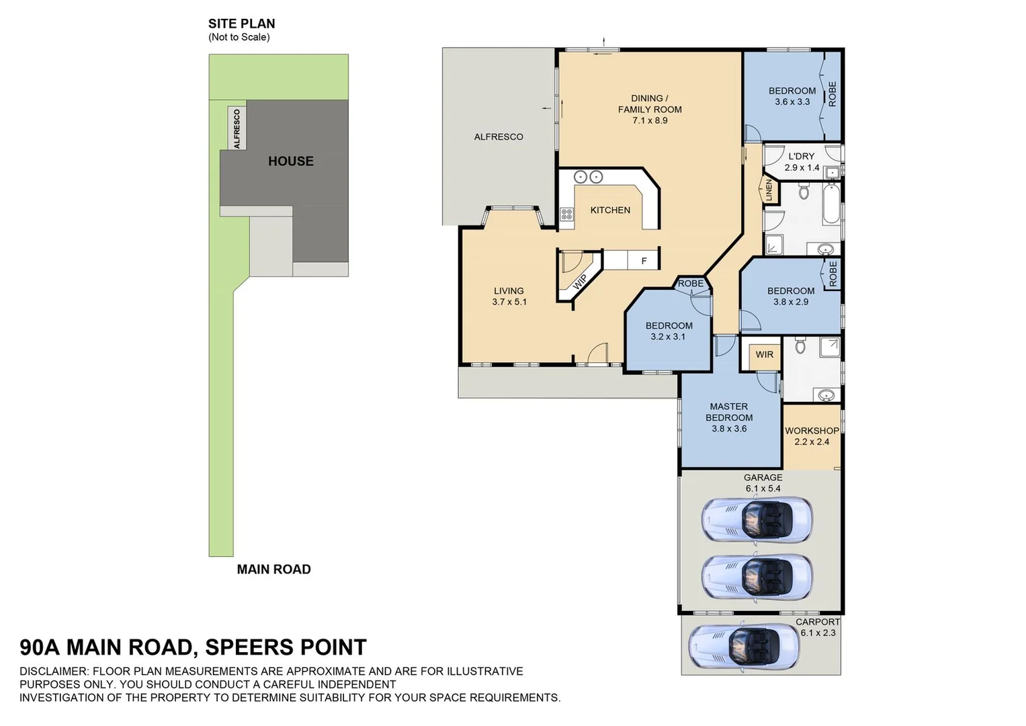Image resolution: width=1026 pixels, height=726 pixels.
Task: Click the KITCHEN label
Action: pyautogui.click(x=610, y=210)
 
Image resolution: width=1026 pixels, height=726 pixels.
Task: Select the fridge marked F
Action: pyautogui.click(x=644, y=261)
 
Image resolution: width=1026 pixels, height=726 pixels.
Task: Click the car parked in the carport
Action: pyautogui.click(x=744, y=647)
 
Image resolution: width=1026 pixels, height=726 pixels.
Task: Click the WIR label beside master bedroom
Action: pyautogui.click(x=764, y=355)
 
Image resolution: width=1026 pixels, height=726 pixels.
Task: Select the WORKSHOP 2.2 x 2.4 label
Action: pyautogui.click(x=812, y=436)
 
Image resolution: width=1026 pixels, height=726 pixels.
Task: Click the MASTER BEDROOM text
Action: pyautogui.click(x=729, y=412)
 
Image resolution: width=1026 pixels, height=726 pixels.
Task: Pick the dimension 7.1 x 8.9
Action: pyautogui.click(x=650, y=121)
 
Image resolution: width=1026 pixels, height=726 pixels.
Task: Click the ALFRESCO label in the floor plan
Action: pyautogui.click(x=499, y=137)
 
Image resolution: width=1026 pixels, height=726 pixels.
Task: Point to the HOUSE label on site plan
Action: pyautogui.click(x=291, y=161)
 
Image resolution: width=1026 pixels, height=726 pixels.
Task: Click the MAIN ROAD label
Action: pyautogui.click(x=273, y=569)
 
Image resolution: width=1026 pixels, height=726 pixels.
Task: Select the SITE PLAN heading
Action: pyautogui.click(x=241, y=24)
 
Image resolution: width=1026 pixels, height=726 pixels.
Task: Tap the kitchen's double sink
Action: pyautogui.click(x=588, y=177)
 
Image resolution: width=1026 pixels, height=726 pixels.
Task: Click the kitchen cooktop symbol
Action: pyautogui.click(x=567, y=214)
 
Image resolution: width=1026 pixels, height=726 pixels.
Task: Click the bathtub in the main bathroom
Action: pyautogui.click(x=831, y=204)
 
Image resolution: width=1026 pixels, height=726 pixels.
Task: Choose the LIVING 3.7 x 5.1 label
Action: pyautogui.click(x=509, y=296)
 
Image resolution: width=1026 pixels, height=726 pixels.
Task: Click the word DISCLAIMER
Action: pyautogui.click(x=54, y=672)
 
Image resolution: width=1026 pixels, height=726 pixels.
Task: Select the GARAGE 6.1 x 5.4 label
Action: pyautogui.click(x=763, y=483)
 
